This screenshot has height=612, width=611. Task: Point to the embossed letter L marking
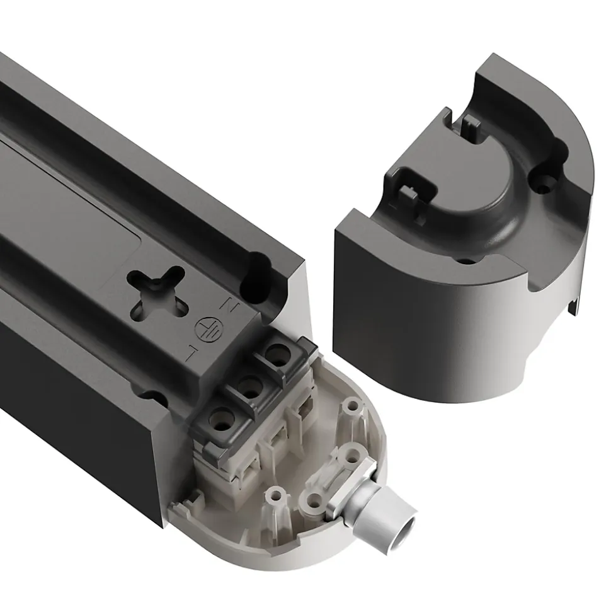coord(191,352)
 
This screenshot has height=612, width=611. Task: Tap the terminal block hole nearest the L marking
coord(220,420)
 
